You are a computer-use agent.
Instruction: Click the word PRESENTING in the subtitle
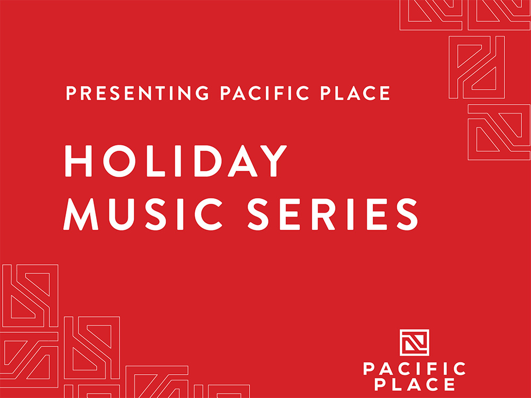click(x=137, y=93)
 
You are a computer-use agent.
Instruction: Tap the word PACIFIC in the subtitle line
click(x=264, y=93)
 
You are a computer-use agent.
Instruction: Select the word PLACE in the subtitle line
click(x=355, y=93)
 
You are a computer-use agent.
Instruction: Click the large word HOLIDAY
click(x=176, y=161)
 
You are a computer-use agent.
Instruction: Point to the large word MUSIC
click(x=142, y=214)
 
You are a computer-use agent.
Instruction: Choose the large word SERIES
click(x=332, y=214)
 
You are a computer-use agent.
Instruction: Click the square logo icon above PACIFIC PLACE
click(x=415, y=342)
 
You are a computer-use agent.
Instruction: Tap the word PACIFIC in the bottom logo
click(x=415, y=369)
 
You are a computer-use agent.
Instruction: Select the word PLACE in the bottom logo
click(x=415, y=384)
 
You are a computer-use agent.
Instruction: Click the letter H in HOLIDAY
click(x=78, y=161)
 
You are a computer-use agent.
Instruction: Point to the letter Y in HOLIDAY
click(x=273, y=161)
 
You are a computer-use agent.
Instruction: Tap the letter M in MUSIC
click(x=81, y=214)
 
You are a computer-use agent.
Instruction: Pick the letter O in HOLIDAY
click(x=119, y=161)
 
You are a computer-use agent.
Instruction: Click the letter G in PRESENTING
click(x=202, y=93)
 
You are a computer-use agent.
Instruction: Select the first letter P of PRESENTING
click(x=71, y=93)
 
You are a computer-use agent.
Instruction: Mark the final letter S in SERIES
click(x=407, y=214)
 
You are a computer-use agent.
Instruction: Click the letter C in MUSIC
click(x=208, y=214)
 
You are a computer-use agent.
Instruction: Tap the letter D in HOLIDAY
click(x=208, y=161)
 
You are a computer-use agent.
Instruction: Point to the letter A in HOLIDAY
click(x=243, y=161)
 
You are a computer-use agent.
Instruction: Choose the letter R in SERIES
click(x=323, y=214)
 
